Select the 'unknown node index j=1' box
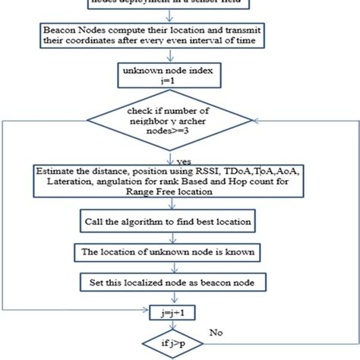(179, 74)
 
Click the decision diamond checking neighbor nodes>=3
(180, 122)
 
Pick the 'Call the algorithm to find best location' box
(179, 222)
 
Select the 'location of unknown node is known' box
(179, 251)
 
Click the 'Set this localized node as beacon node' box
(179, 282)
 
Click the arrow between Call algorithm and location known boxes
(179, 237)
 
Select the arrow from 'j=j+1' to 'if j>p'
(179, 324)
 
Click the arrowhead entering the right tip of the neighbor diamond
(273, 122)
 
